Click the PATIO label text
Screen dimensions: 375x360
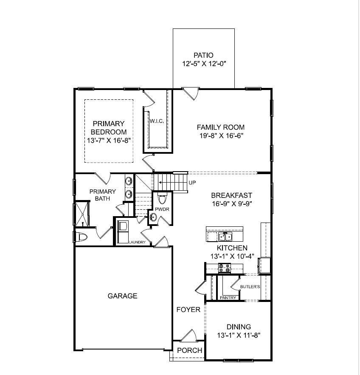(x=203, y=55)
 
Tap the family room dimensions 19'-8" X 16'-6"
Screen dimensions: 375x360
(x=220, y=136)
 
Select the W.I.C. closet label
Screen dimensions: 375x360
(x=156, y=121)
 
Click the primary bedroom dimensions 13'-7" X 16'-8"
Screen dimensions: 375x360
(x=109, y=141)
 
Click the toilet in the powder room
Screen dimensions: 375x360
(x=162, y=199)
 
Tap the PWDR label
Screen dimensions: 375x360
(x=162, y=209)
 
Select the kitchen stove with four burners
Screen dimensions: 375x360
(x=225, y=268)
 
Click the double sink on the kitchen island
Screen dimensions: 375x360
(x=225, y=236)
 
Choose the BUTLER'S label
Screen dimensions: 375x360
(x=250, y=287)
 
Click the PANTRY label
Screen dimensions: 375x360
(x=228, y=298)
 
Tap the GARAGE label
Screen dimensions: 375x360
(x=122, y=296)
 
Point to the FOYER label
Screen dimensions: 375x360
(x=188, y=310)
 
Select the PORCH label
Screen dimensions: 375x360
(x=189, y=350)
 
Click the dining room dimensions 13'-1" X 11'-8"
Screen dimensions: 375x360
(x=238, y=335)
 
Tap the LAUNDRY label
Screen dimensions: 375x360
(x=137, y=242)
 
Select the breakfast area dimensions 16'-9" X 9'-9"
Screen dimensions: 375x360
(x=232, y=204)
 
